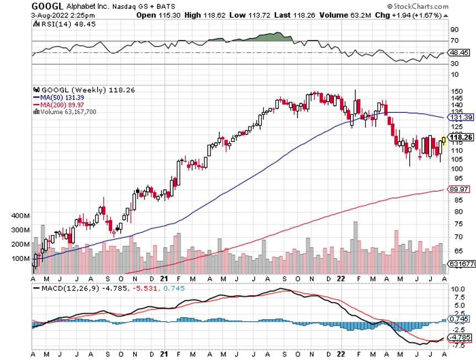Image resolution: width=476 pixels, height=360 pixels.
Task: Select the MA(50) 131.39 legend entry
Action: tap(58, 97)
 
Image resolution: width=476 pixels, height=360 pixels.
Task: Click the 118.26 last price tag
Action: tap(462, 137)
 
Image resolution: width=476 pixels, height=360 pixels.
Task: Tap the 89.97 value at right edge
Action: tap(460, 189)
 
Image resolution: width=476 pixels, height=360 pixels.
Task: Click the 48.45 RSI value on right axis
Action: tap(460, 53)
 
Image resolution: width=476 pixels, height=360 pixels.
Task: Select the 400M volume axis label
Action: tap(20, 216)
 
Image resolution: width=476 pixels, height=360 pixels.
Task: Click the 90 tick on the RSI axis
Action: tap(455, 30)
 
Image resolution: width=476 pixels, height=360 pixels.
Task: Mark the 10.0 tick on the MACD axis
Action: tap(458, 288)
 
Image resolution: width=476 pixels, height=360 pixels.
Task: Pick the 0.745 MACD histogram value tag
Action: tap(460, 319)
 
